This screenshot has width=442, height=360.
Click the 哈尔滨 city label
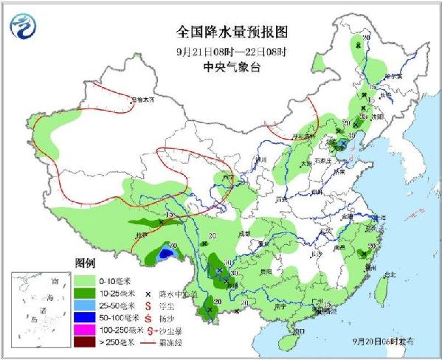tap(391, 77)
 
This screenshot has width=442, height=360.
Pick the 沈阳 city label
tap(378, 117)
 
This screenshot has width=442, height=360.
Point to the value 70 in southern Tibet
tap(173, 246)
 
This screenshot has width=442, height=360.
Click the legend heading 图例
tap(85, 263)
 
